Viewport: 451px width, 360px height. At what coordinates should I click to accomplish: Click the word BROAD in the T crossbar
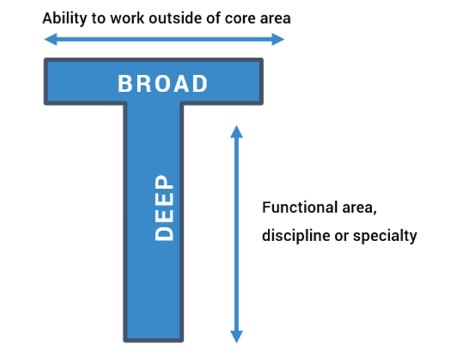click(x=163, y=83)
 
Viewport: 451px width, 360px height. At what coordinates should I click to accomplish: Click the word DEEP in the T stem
click(x=164, y=208)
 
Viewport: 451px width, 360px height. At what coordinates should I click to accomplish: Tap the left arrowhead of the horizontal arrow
click(x=51, y=39)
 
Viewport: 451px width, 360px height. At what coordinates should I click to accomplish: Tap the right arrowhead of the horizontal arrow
click(x=278, y=39)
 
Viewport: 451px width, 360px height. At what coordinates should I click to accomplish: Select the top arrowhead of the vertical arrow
click(x=237, y=132)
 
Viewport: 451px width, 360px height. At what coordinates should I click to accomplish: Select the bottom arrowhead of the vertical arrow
click(x=237, y=337)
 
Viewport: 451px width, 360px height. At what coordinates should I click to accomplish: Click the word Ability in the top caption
click(x=65, y=19)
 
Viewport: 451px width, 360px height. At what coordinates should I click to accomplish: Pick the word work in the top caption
click(x=127, y=19)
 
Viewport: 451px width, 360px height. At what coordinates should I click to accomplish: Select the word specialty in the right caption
click(x=385, y=236)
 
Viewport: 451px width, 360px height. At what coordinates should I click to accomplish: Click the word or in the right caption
click(x=341, y=237)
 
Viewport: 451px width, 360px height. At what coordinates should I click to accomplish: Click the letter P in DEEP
click(x=164, y=183)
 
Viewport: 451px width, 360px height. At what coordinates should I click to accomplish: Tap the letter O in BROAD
click(x=163, y=83)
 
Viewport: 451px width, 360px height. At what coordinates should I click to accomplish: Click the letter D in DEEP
click(x=164, y=233)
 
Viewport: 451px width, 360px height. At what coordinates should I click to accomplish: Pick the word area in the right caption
click(x=359, y=208)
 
